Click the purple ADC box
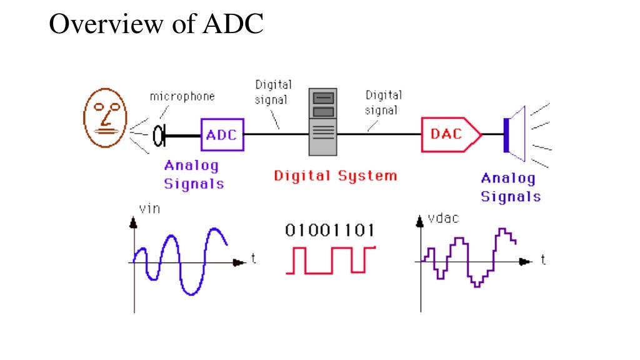pos(222,134)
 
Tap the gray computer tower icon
pos(323,121)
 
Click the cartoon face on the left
pos(105,119)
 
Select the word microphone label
pos(182,96)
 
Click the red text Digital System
pos(335,176)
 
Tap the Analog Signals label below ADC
pos(193,175)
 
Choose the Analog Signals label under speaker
pos(510,187)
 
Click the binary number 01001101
pos(330,230)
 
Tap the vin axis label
pos(149,209)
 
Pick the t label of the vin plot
pos(253,259)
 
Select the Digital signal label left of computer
pos(272,92)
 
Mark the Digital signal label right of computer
pos(382,102)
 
